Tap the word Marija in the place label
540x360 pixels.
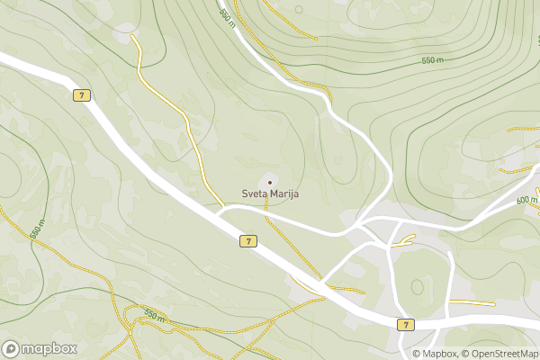point(283,193)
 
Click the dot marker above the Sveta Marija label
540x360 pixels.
point(269,182)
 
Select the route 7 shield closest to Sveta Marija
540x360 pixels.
point(248,240)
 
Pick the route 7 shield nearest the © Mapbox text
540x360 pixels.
point(406,324)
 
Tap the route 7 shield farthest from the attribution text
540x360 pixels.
point(82,94)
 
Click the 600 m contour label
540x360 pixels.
point(526,200)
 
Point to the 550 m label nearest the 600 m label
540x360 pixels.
point(433,60)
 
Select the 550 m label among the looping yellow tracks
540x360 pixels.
point(154,316)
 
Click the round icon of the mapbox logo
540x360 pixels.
point(12,348)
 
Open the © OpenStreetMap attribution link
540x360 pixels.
point(500,354)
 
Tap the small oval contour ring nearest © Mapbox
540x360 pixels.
point(417,286)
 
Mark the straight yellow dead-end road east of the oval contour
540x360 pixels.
point(472,302)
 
